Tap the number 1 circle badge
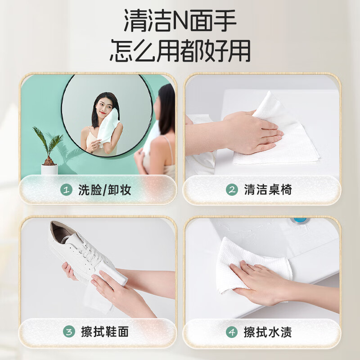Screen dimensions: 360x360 coord(67,190)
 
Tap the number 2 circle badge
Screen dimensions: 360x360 coord(231,190)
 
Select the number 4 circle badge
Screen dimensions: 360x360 coord(231,333)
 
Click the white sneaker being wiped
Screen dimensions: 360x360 coord(85,252)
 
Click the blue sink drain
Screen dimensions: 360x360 coord(300,220)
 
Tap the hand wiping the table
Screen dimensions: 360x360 coord(252,130)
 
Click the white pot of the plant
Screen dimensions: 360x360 coord(49,169)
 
